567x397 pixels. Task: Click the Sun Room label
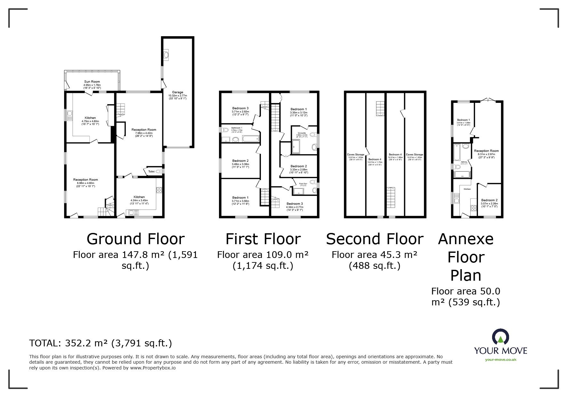[92, 82]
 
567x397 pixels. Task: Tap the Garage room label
[178, 92]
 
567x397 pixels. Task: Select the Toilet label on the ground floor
[151, 172]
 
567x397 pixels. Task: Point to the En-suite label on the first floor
[301, 133]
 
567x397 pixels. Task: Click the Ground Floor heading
[135, 239]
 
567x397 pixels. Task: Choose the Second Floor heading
[375, 239]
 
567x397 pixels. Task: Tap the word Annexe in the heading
[466, 239]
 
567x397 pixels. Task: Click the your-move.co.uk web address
[500, 360]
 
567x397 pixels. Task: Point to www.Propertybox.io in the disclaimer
[153, 368]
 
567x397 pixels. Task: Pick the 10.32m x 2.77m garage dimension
[178, 95]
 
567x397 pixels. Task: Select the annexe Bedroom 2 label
[490, 200]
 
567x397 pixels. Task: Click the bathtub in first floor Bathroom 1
[250, 139]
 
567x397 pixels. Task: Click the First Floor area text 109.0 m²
[263, 255]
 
